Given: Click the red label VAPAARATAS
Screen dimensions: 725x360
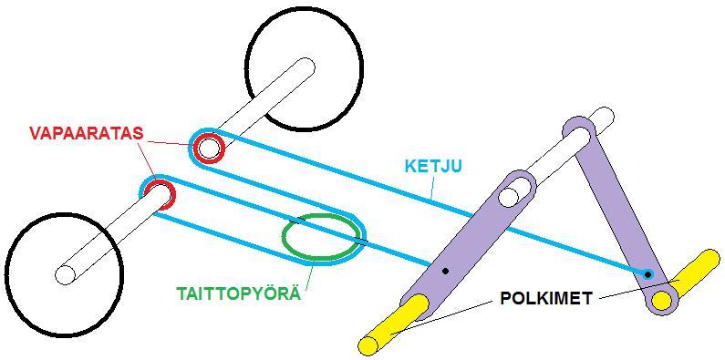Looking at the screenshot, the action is (x=87, y=133).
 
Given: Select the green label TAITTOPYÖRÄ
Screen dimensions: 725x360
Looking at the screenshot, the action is (x=239, y=293).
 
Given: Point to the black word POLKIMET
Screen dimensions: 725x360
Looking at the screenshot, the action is (x=545, y=299).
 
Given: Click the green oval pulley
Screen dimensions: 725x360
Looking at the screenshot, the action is (x=284, y=236).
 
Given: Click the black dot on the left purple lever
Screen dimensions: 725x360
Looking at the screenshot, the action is (x=445, y=271).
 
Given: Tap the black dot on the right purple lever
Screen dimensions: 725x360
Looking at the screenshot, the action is (x=648, y=274).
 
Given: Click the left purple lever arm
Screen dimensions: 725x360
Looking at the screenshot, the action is (x=467, y=245).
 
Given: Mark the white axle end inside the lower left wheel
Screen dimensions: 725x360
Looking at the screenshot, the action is (x=65, y=274).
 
